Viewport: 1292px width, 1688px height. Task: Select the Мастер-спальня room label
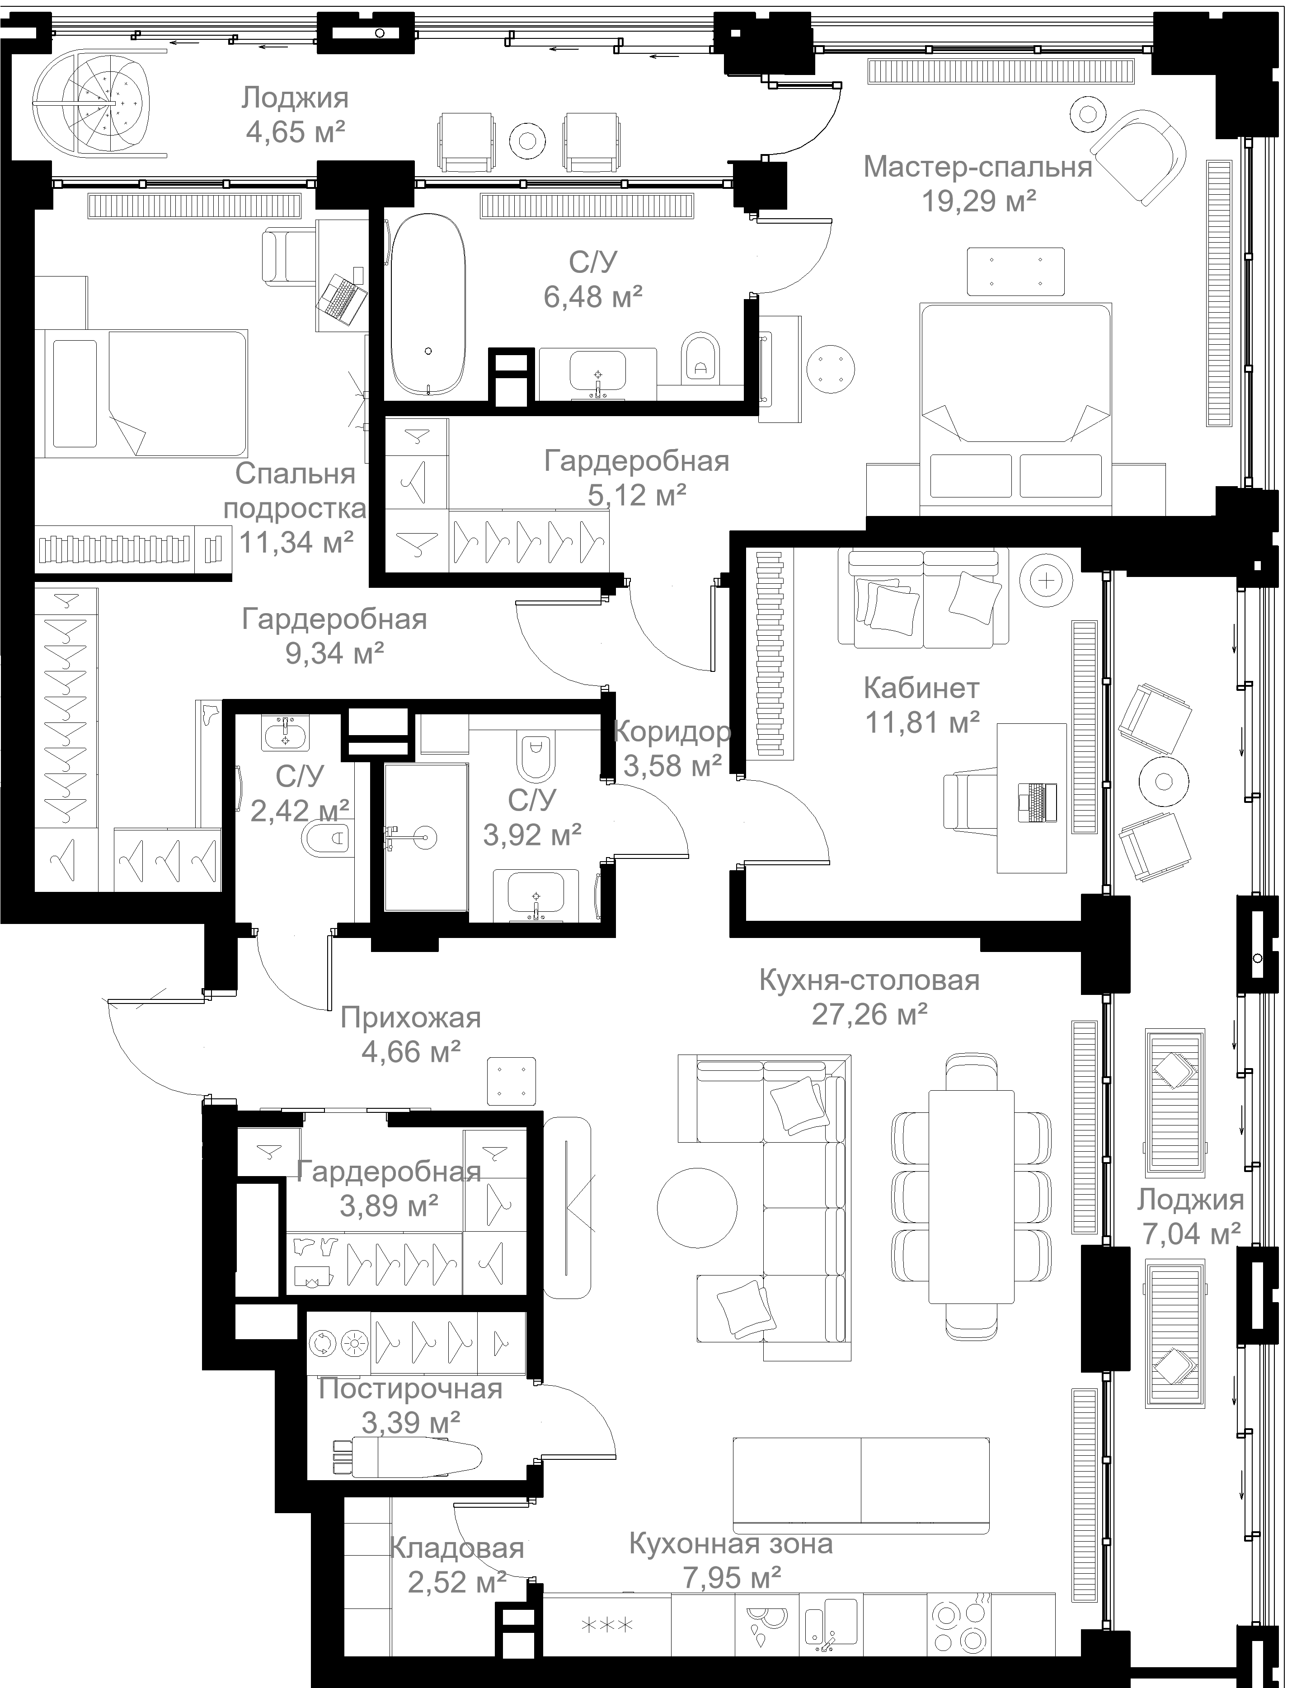977,167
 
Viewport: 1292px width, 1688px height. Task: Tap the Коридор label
672,731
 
